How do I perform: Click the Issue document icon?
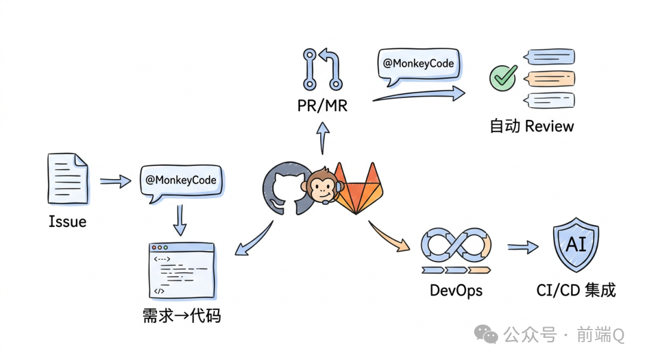[x=67, y=179]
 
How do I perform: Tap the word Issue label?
[x=67, y=222]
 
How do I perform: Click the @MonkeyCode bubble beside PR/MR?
[x=419, y=64]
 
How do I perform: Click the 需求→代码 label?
[x=182, y=315]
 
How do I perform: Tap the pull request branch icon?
[x=322, y=69]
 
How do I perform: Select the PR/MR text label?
[x=322, y=106]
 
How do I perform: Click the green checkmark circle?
[x=503, y=78]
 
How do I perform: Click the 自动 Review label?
[x=532, y=127]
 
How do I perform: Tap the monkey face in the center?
[x=322, y=186]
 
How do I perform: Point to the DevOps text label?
[x=456, y=291]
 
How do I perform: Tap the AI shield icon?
[x=576, y=245]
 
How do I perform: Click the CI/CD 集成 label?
[x=576, y=291]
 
